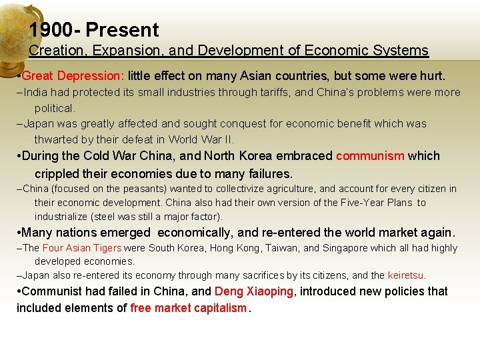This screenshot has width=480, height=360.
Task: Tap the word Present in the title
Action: (x=123, y=30)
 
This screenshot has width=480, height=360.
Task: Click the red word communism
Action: (x=370, y=156)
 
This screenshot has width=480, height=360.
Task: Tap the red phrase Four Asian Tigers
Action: (x=82, y=248)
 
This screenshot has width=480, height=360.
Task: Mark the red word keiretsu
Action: (x=406, y=275)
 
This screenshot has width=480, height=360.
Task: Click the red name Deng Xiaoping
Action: (x=254, y=291)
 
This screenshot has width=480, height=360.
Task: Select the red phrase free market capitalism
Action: (x=188, y=308)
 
